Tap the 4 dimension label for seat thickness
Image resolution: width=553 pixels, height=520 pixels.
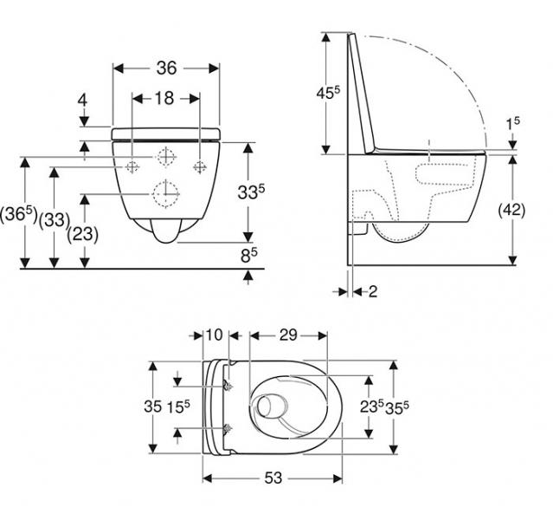(83, 101)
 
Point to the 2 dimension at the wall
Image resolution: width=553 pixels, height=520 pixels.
(373, 292)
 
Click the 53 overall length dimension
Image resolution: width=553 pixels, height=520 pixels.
(273, 478)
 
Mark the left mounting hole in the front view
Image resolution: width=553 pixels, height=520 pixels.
(132, 166)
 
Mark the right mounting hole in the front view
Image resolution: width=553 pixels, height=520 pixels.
(198, 166)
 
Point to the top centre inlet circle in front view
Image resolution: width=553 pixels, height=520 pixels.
(164, 156)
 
